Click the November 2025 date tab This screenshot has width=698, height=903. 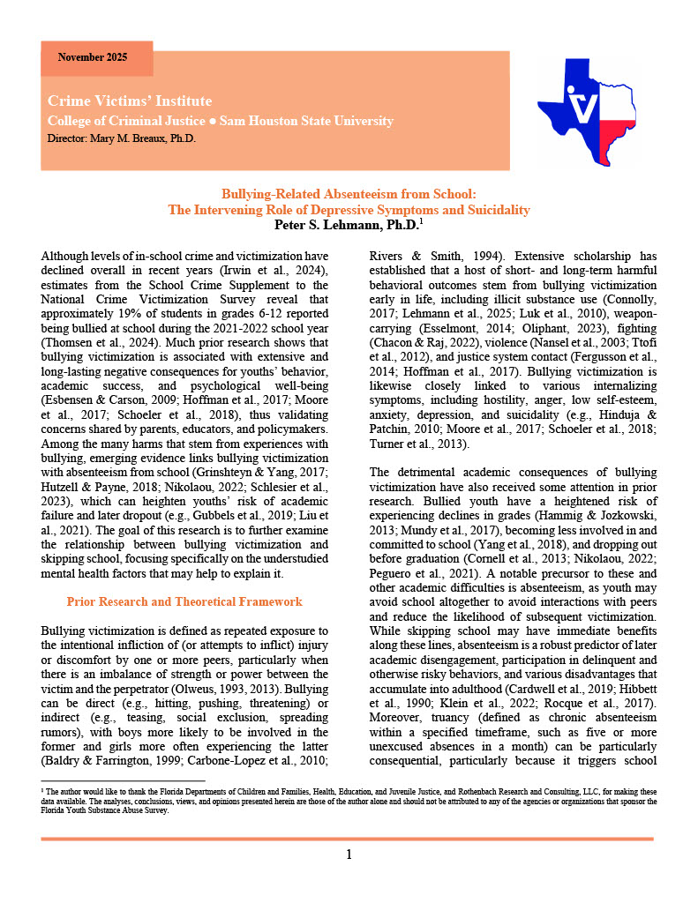pyautogui.click(x=93, y=58)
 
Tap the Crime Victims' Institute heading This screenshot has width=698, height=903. pyautogui.click(x=130, y=101)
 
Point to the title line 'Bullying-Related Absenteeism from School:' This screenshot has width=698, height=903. pyautogui.click(x=349, y=193)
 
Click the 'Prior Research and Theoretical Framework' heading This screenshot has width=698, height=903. pyautogui.click(x=184, y=602)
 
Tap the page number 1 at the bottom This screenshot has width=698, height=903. pyautogui.click(x=349, y=854)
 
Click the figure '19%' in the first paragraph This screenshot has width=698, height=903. pyautogui.click(x=146, y=314)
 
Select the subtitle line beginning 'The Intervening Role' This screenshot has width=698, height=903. pyautogui.click(x=349, y=209)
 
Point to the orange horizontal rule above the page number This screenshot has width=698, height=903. pyautogui.click(x=349, y=838)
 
